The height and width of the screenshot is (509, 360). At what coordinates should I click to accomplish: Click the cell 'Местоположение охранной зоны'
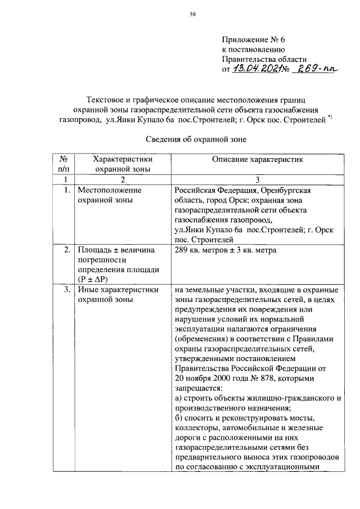109,195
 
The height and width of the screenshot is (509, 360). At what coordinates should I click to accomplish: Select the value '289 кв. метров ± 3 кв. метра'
225,249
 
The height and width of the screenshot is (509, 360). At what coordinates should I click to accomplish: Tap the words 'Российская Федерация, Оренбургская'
243,190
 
